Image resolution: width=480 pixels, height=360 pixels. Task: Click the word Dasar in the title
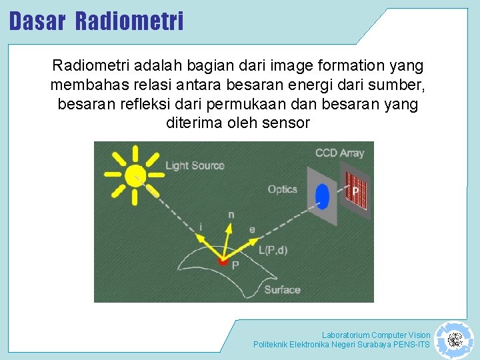pos(37,21)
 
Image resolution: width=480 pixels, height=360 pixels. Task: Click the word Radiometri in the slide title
pos(129,21)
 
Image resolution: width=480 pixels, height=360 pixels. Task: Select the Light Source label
pos(195,165)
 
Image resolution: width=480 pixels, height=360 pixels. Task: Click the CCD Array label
pos(339,153)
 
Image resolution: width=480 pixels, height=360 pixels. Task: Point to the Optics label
pos(282,189)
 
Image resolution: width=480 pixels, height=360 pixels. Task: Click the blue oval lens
pos(322,197)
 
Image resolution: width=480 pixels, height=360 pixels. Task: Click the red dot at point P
pos(224,261)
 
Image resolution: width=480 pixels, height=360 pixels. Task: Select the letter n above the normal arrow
pos(231,215)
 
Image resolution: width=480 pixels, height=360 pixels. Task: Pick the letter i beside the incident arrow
pos(200,227)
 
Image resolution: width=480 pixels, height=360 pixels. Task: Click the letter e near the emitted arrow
pos(252,229)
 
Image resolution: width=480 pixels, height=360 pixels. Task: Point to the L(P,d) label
pos(273,250)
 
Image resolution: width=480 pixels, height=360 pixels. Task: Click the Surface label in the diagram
pos(282,289)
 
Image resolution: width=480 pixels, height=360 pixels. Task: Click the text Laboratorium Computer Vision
pos(376,335)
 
